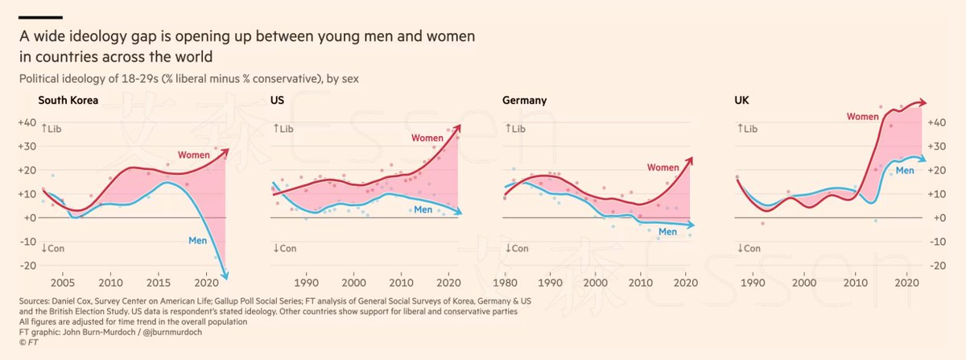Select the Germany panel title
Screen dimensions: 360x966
pos(524,101)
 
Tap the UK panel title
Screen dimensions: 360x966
pos(741,101)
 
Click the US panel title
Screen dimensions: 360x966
pos(278,101)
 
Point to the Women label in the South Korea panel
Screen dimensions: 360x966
pos(194,154)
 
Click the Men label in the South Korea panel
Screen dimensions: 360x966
pos(198,240)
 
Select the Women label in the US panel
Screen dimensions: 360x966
pos(427,139)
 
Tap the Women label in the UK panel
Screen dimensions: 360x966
pos(862,117)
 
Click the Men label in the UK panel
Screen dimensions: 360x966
pos(905,171)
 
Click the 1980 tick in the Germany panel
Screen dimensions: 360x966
pos(505,283)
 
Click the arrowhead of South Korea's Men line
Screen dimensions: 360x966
pos(226,277)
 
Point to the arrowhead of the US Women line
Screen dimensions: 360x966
pos(458,126)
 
